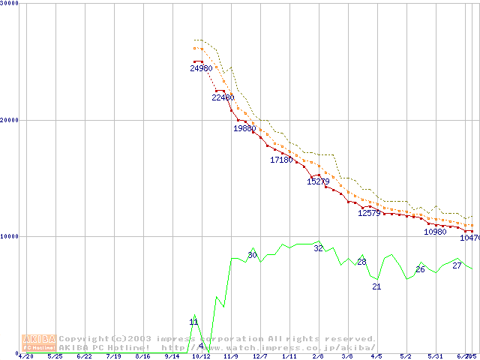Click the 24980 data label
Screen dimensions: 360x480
coord(201,69)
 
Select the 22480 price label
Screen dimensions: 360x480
coord(223,97)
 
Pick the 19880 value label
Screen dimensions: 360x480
coord(244,128)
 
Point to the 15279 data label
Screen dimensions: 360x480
coord(318,181)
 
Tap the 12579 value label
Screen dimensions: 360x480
coord(369,213)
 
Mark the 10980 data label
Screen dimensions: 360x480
coord(435,232)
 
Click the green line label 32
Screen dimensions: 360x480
coord(318,248)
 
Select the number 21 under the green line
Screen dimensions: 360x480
coord(376,286)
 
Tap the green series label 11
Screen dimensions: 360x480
coord(193,322)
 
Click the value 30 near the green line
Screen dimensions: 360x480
coord(252,256)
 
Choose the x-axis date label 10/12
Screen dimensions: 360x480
coord(201,356)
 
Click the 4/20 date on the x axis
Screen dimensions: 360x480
coord(25,356)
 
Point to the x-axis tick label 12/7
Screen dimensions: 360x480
coord(259,356)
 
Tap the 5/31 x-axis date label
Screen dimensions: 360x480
coord(435,356)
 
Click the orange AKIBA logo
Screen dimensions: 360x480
coord(38,343)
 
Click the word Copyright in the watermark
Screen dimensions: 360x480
coord(83,339)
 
